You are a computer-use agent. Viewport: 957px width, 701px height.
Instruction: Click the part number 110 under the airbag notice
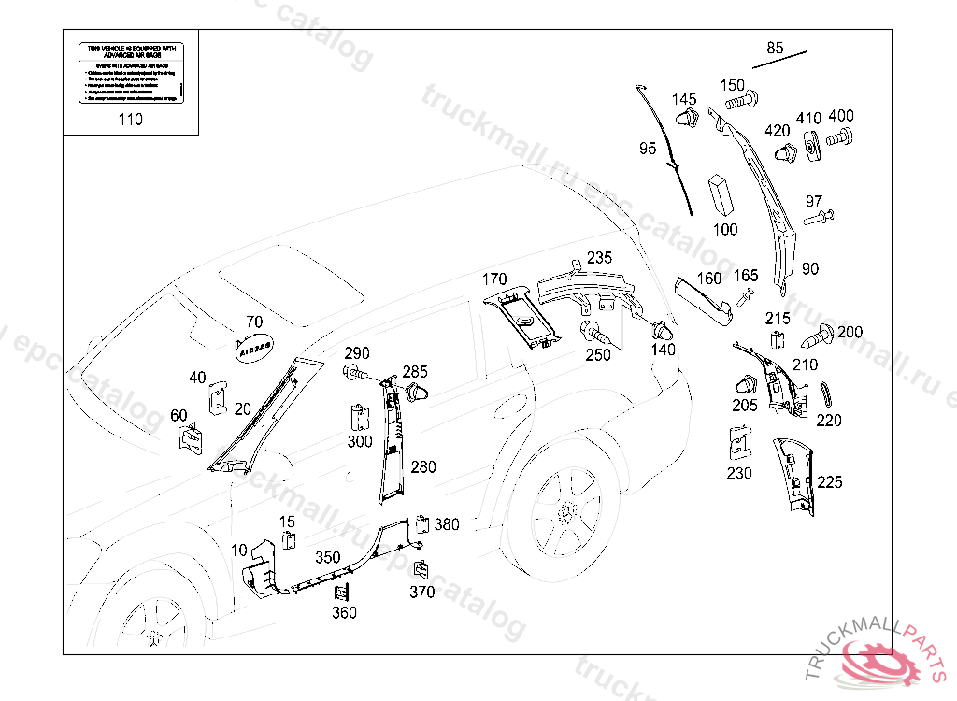tap(130, 119)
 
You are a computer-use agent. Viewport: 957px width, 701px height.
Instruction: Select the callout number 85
tap(775, 48)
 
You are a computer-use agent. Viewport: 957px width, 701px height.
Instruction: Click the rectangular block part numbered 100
tap(720, 193)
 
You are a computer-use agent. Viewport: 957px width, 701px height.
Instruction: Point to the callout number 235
tap(599, 258)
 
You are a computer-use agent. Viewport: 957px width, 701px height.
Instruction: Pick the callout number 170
tap(494, 279)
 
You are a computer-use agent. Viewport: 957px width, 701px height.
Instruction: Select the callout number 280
tap(422, 466)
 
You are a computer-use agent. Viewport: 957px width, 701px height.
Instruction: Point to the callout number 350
tap(327, 557)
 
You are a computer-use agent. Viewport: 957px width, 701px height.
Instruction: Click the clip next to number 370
tap(422, 567)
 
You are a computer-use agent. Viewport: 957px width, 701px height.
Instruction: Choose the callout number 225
tap(829, 482)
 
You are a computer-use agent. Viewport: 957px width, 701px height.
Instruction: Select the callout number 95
tap(648, 149)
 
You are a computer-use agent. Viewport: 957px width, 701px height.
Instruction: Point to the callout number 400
tap(840, 117)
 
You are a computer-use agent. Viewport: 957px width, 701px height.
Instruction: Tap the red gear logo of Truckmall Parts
tap(878, 663)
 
